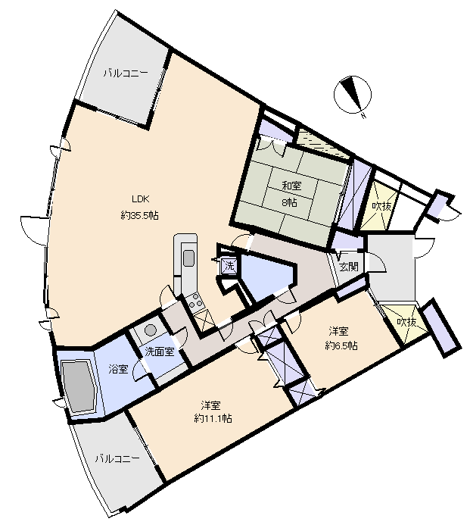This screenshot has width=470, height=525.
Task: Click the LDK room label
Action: click(140, 199)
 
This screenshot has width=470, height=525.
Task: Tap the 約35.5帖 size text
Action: click(140, 215)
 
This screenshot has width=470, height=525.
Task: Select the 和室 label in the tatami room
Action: click(291, 186)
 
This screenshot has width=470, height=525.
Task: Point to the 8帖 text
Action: click(289, 202)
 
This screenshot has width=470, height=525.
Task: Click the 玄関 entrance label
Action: click(349, 267)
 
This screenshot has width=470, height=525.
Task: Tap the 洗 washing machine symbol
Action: click(229, 266)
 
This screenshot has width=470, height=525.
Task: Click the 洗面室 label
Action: click(160, 352)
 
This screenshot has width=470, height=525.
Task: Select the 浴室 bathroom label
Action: click(118, 370)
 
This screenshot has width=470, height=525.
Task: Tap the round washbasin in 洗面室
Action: click(150, 330)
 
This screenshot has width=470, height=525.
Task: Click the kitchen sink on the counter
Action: click(188, 258)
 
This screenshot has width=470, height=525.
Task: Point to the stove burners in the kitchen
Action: click(195, 301)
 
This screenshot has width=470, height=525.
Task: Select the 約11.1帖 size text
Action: click(213, 418)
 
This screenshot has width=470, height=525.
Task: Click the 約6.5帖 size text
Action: click(341, 345)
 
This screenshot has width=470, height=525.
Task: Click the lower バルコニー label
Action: click(117, 458)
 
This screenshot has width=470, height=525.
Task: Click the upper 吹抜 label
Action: click(381, 206)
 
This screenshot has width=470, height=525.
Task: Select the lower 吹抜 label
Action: click(406, 322)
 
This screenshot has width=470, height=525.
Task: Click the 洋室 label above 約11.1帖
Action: click(210, 405)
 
